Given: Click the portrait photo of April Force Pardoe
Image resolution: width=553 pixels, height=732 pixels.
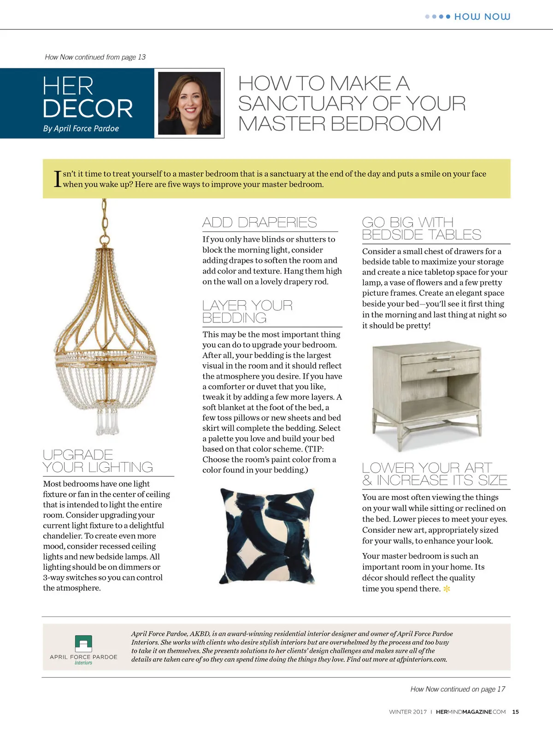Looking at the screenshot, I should tap(189, 103).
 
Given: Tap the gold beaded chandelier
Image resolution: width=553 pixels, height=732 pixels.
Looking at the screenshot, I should tap(106, 341).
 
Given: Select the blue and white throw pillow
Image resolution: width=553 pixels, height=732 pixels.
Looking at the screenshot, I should tap(268, 535).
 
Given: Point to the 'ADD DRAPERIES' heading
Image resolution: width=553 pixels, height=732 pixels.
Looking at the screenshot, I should tap(259, 223).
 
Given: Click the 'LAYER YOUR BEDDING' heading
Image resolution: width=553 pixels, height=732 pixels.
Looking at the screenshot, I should tap(247, 312).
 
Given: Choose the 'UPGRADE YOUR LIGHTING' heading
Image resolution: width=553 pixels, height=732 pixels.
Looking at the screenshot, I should tap(98, 461).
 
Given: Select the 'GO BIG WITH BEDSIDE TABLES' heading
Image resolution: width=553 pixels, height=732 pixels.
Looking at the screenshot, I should tap(421, 229).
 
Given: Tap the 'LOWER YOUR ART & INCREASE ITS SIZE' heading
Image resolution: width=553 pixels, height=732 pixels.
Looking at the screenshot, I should tap(435, 474).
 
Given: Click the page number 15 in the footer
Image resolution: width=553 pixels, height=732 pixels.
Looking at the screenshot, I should tap(515, 712).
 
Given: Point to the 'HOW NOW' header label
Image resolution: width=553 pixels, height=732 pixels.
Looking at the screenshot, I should tap(482, 17).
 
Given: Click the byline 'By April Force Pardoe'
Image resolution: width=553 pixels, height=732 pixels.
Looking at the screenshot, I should tap(81, 129).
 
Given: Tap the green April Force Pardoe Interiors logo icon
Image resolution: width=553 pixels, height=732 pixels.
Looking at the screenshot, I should tap(83, 643).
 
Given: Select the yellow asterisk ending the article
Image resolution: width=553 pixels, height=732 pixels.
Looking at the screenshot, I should tap(447, 589).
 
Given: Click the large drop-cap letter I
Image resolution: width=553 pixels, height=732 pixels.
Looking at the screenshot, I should tap(58, 179).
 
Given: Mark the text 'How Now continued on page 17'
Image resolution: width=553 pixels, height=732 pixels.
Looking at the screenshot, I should tap(458, 689).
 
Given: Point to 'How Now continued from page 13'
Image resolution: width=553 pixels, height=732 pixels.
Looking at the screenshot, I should tap(95, 57).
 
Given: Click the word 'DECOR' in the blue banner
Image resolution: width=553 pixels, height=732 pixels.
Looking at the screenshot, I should tap(88, 109).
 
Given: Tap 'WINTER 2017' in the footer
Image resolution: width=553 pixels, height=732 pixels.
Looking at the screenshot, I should tap(408, 712).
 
